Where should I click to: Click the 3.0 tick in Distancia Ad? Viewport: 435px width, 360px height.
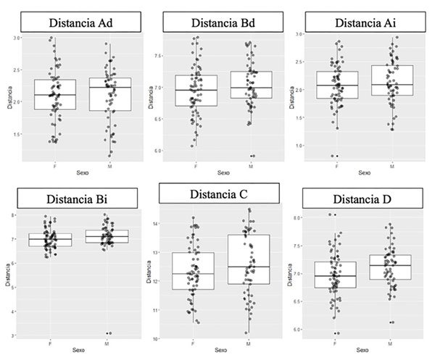pos(17,38)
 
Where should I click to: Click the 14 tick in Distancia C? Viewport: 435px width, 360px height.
pos(157,225)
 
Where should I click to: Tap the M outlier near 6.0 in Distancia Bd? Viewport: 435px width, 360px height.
pos(252,156)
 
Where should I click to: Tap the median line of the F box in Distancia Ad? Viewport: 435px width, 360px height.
pos(54,95)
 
